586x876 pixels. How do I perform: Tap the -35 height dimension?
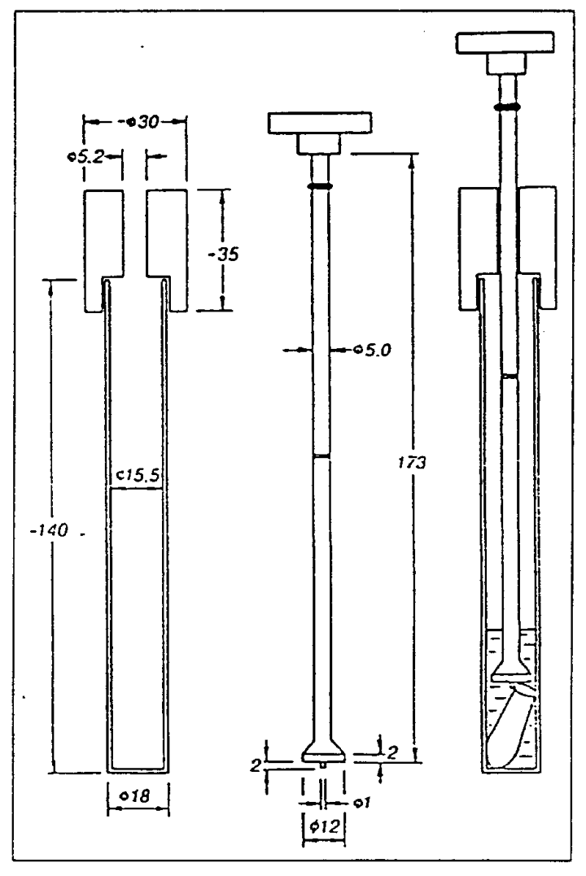coord(223,255)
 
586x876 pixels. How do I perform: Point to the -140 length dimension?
coord(49,529)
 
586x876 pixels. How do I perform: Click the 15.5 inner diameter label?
coord(138,476)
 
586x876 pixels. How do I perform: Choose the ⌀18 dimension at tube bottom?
coord(138,795)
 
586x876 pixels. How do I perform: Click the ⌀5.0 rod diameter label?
coord(373,351)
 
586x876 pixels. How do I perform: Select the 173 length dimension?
coord(412,462)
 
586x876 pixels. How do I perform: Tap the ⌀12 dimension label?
coord(324,826)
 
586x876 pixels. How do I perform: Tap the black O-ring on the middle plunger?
coord(321,187)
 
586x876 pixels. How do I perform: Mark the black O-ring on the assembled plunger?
coord(507,107)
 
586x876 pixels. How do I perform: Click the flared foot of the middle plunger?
coord(324,750)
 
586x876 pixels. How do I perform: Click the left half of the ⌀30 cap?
coord(104,251)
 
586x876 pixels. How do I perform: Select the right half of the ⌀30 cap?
coord(167,251)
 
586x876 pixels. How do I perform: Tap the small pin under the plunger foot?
coord(324,765)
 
